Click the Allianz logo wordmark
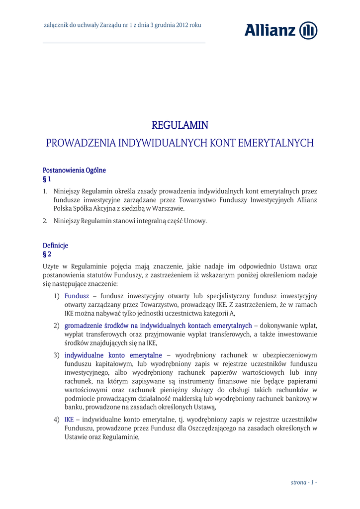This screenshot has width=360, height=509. click(270, 30)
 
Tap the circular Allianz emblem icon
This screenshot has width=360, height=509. click(308, 30)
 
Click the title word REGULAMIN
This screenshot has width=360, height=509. click(180, 125)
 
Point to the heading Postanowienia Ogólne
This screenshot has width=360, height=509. click(74, 170)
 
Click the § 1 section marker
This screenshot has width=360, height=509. click(47, 179)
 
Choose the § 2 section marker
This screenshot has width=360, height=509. click(47, 254)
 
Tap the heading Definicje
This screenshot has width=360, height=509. click(55, 246)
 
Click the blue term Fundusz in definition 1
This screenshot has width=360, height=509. click(77, 296)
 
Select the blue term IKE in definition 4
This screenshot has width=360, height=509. click(69, 420)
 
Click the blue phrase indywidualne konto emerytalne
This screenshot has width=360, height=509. click(113, 355)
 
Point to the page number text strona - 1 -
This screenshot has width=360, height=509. click(304, 483)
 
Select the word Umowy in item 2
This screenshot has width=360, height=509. click(195, 221)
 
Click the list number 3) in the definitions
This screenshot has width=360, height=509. click(57, 355)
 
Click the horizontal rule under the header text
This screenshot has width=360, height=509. click(124, 43)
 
